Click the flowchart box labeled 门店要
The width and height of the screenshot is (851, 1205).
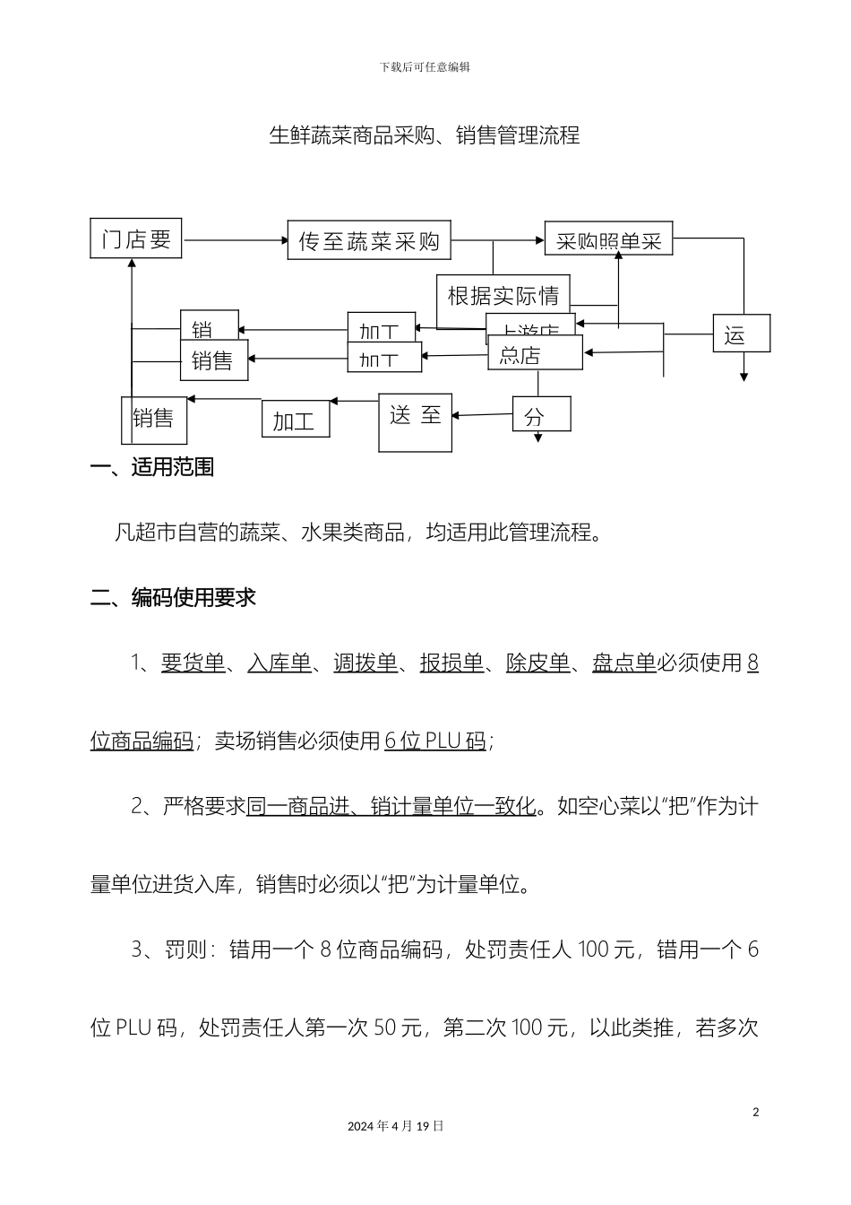point(136,238)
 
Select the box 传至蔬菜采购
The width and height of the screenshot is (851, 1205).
point(369,240)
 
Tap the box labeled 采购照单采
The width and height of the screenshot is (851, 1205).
point(608,239)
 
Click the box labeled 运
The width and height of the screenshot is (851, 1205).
point(741,334)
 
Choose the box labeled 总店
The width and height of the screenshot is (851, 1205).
point(535,354)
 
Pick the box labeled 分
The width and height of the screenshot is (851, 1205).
point(541,415)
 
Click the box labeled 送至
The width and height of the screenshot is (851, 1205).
point(416,422)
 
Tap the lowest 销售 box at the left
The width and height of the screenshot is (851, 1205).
point(154,420)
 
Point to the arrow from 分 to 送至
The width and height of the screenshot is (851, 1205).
point(482,415)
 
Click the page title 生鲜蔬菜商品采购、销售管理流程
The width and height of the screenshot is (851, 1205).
point(425,135)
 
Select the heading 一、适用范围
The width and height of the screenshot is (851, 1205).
point(152,467)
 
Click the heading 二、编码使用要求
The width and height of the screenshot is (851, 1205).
point(173,597)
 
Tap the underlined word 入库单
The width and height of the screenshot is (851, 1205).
point(279,663)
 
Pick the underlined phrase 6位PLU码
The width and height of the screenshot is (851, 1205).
point(434,741)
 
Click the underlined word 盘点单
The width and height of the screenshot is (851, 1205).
point(623,663)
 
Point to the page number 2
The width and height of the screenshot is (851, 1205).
point(755,1113)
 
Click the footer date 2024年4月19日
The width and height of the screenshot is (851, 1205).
point(395,1126)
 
